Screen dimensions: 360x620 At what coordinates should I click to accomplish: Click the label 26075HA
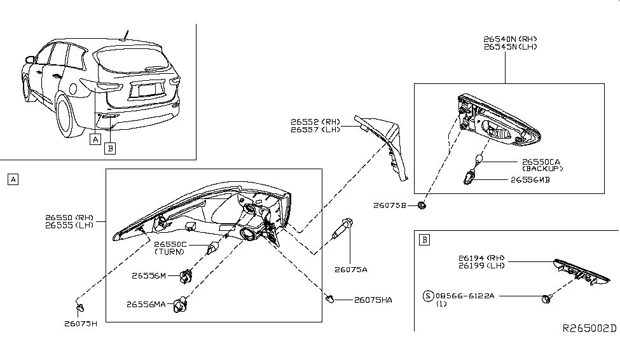tap(373, 300)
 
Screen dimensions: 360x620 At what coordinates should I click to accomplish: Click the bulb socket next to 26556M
tap(186, 276)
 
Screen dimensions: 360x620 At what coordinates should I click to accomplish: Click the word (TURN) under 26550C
tap(170, 252)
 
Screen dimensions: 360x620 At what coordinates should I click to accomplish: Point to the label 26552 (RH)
tap(315, 121)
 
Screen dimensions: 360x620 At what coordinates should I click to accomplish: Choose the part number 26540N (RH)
tap(506, 39)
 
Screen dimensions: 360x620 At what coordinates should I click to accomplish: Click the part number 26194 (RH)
tap(481, 258)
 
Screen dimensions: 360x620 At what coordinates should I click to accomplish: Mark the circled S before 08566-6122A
tap(429, 296)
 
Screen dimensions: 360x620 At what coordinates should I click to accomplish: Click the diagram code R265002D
tap(589, 329)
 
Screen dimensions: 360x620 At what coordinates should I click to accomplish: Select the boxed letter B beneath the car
tap(110, 149)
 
